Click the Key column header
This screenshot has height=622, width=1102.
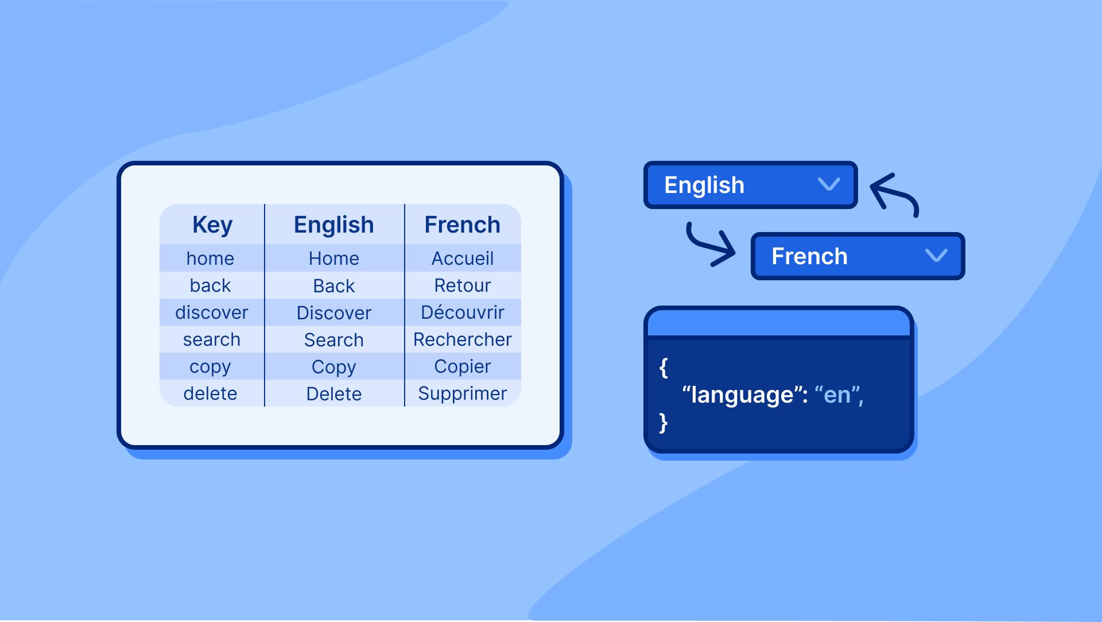pyautogui.click(x=212, y=225)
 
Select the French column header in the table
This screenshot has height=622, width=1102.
pyautogui.click(x=462, y=225)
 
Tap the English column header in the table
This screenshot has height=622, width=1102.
pyautogui.click(x=333, y=225)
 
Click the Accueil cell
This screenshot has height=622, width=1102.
pyautogui.click(x=462, y=258)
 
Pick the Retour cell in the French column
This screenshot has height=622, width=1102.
pyautogui.click(x=462, y=285)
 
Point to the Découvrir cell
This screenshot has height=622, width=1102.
pyautogui.click(x=462, y=312)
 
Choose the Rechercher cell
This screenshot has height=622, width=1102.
pyautogui.click(x=462, y=339)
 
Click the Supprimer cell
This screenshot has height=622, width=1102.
pyautogui.click(x=462, y=393)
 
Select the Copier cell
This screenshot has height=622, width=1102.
pyautogui.click(x=462, y=366)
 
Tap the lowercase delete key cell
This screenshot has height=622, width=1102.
pyautogui.click(x=210, y=393)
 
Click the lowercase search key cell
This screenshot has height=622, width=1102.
pyautogui.click(x=211, y=339)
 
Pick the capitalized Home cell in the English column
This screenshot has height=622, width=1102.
pyautogui.click(x=333, y=258)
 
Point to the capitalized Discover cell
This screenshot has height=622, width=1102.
pyautogui.click(x=333, y=313)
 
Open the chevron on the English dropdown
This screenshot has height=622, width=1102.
pyautogui.click(x=829, y=184)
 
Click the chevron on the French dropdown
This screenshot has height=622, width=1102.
pyautogui.click(x=936, y=256)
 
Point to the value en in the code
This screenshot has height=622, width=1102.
pyautogui.click(x=837, y=395)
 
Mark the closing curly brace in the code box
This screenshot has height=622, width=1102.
pyautogui.click(x=663, y=423)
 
